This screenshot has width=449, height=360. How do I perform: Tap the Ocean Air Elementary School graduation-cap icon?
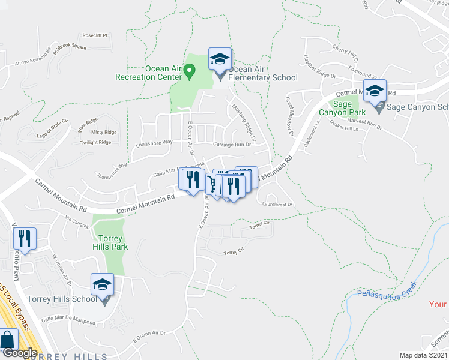(x=220, y=59)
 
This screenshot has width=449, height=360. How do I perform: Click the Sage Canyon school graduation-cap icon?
(x=376, y=92)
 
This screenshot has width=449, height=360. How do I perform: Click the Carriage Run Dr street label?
(x=231, y=145)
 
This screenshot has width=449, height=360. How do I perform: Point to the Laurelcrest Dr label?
(x=277, y=204)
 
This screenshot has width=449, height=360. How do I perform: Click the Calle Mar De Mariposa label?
(x=68, y=322)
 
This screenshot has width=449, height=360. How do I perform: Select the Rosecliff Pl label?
(x=94, y=35)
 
